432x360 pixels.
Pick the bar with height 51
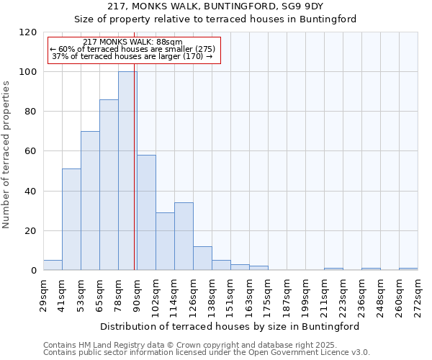point(71,220)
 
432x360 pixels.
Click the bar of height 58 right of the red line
point(146,213)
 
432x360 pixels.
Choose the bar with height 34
point(184,237)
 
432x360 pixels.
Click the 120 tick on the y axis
point(28,32)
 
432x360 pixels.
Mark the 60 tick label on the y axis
point(31,151)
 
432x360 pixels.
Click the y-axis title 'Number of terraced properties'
point(7,155)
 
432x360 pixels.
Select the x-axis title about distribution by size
point(230,326)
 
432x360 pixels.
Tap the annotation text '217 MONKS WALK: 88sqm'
point(132,42)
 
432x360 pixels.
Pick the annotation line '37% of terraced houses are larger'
point(132,56)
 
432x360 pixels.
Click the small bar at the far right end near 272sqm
point(408,269)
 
